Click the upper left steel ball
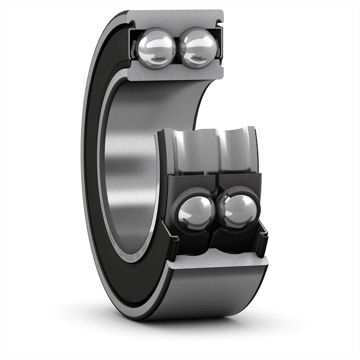(156, 48)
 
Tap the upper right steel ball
(198, 48)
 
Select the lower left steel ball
(196, 212)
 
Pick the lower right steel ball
(238, 211)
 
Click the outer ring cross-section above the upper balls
(175, 18)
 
